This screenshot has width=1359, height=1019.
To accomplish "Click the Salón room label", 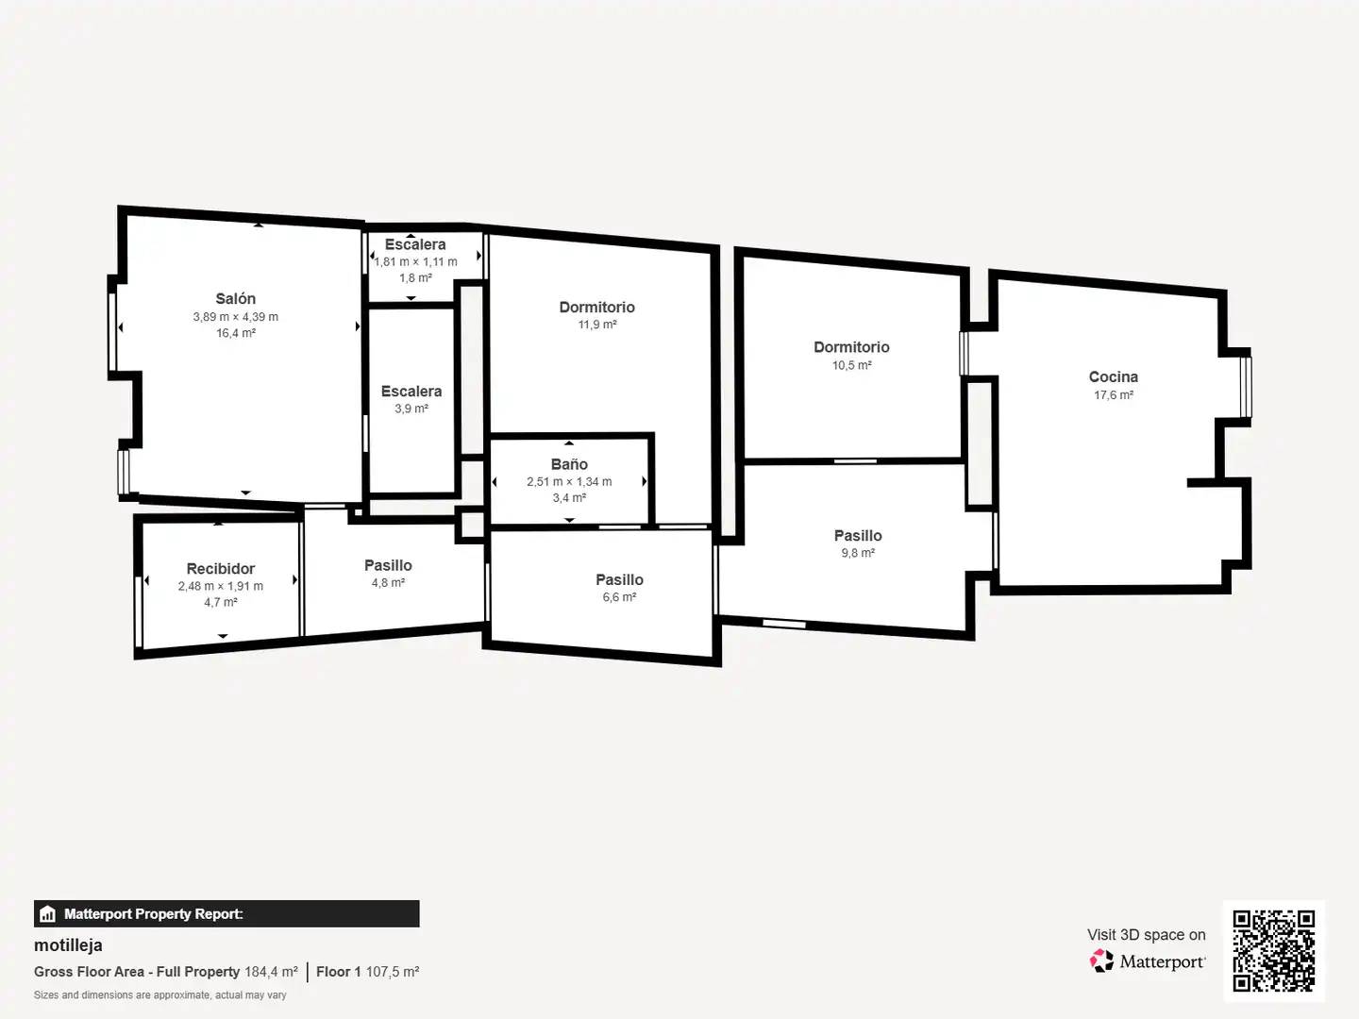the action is (235, 299).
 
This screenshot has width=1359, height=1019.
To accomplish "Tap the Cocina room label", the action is (1114, 376).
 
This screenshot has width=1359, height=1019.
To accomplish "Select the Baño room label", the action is (569, 464).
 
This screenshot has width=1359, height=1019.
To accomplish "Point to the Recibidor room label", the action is (221, 569).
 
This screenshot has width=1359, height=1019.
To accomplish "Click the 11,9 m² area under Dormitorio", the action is (597, 325).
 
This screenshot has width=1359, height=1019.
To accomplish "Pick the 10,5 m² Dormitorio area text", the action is (851, 365).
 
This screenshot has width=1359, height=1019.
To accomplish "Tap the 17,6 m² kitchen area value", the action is (1114, 394).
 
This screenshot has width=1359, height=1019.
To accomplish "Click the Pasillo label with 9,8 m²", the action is (858, 535).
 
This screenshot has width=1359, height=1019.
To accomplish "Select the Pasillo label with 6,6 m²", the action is (619, 579).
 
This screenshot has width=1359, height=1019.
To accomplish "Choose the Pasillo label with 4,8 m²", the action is (388, 565).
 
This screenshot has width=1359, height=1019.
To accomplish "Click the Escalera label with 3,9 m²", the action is (411, 391).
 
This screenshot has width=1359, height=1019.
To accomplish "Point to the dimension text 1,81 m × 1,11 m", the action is (415, 261).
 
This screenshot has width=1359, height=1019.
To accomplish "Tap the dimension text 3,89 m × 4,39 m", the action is (235, 317).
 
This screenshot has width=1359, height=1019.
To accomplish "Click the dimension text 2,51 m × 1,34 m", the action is (569, 481).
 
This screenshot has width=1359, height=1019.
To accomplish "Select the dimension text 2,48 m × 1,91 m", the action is (221, 586).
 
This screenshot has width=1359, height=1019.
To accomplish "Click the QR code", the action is (1273, 951).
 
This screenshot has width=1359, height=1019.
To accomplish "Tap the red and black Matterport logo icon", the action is (1101, 961).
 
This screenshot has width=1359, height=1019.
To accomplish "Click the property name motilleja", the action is (68, 945).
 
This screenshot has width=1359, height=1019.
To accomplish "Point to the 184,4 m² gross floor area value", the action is (271, 972).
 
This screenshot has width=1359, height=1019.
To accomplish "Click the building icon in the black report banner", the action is (48, 914).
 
